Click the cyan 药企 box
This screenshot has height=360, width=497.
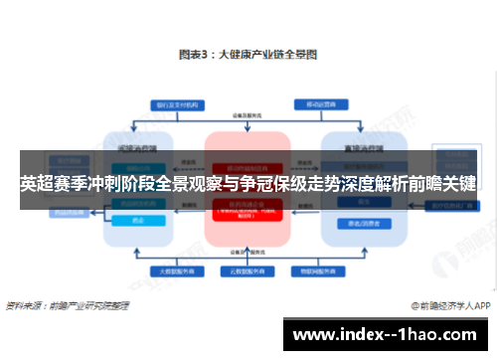[138, 220]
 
